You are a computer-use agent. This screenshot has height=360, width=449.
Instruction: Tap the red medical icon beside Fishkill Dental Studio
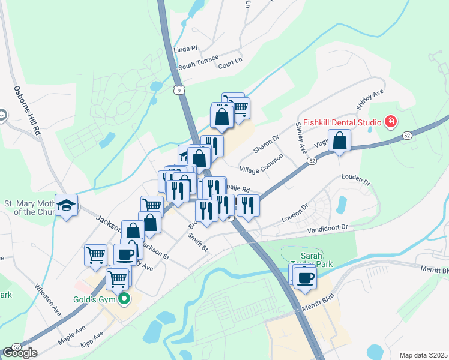pyautogui.click(x=390, y=122)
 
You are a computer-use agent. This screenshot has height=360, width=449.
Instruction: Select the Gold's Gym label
pyautogui.click(x=97, y=299)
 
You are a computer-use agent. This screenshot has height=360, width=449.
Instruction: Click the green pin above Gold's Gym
pyautogui.click(x=124, y=298)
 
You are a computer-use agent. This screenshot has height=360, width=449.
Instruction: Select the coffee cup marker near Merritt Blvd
pyautogui.click(x=305, y=278)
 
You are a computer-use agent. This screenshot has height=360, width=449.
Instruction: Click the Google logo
pyautogui.click(x=20, y=352)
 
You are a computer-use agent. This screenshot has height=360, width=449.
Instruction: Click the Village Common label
pyautogui.click(x=261, y=167)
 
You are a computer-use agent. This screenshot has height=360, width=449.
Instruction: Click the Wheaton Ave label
pyautogui.click(x=48, y=299)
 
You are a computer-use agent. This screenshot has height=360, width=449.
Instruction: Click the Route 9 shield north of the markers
pyautogui.click(x=178, y=90)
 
